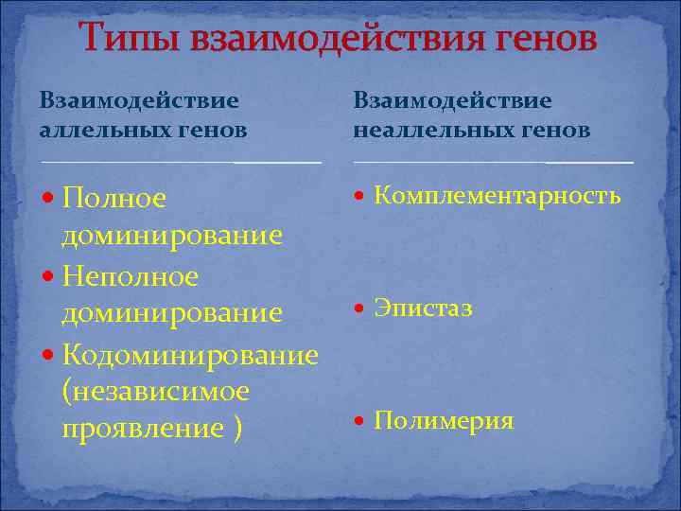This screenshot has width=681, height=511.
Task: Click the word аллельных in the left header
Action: (x=96, y=130)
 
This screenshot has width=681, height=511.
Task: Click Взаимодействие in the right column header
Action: (x=452, y=99)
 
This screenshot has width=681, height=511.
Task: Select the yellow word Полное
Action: (x=113, y=198)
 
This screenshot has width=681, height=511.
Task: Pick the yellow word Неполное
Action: (x=130, y=276)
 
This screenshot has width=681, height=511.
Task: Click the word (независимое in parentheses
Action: (x=155, y=390)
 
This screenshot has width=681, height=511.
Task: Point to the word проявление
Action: (x=139, y=428)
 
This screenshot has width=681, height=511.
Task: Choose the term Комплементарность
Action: (x=498, y=196)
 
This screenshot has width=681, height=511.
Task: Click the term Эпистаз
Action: (x=423, y=308)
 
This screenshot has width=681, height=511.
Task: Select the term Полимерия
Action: (x=444, y=421)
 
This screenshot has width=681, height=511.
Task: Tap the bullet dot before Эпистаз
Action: (x=359, y=308)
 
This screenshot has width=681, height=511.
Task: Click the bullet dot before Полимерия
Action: (x=359, y=421)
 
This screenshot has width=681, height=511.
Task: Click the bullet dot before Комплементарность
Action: (x=359, y=196)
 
